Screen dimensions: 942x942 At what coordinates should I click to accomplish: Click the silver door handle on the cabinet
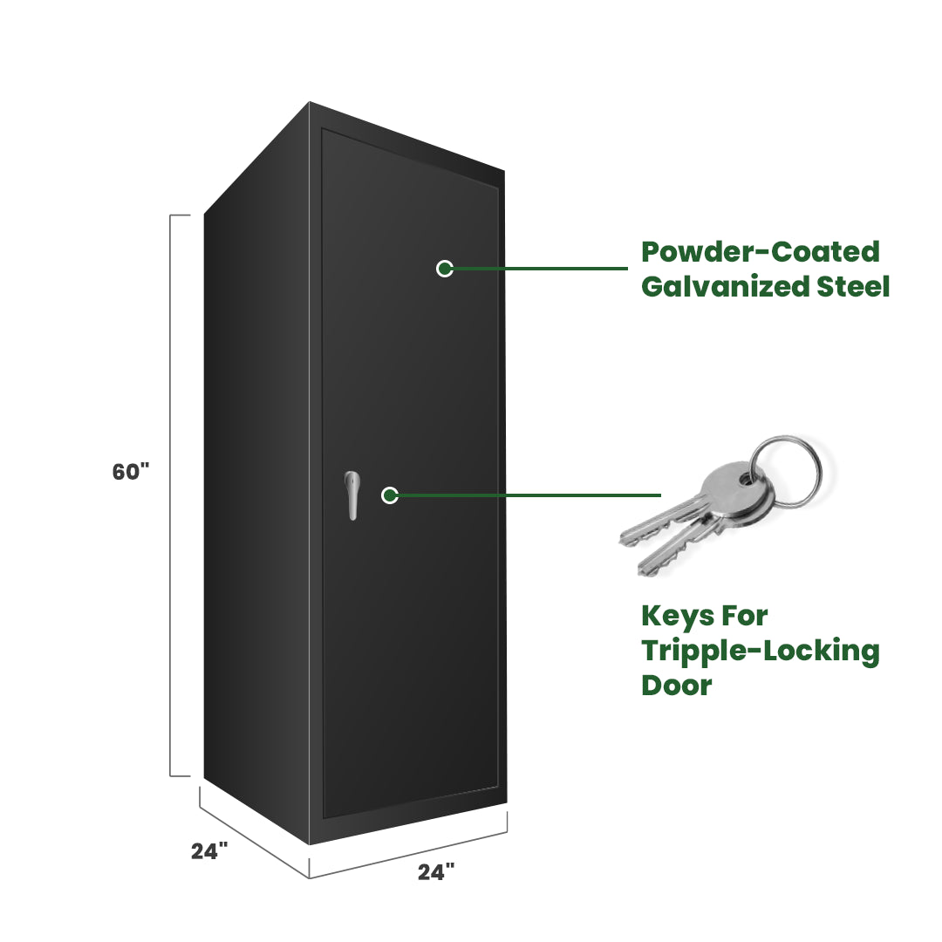352,495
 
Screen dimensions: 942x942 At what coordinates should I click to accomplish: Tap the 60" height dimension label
131,472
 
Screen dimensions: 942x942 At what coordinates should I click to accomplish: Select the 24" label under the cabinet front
436,870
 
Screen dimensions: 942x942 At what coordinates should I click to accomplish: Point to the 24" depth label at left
209,851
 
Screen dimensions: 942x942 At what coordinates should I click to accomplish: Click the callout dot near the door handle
390,495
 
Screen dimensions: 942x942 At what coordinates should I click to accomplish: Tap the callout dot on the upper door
445,269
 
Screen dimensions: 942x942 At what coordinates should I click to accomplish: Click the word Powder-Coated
761,252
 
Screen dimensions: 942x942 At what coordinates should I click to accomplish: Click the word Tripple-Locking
761,651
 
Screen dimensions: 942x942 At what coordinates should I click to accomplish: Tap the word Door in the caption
677,685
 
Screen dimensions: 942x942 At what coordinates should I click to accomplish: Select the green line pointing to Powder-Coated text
541,269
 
